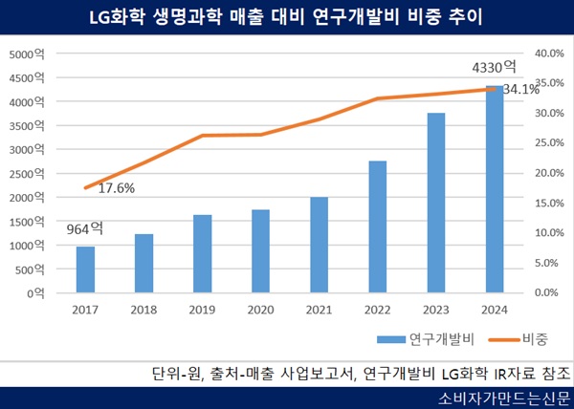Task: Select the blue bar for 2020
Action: point(261,251)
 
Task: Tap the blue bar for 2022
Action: point(378,226)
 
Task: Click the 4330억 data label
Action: point(495,68)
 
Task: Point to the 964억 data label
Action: point(83,229)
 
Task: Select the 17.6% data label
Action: point(116,188)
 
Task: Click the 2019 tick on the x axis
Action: point(202,310)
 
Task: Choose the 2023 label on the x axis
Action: point(435,310)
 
